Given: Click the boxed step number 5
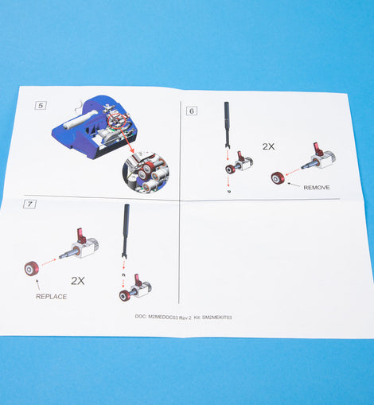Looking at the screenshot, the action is pyautogui.click(x=41, y=106).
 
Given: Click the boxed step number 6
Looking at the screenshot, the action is pyautogui.click(x=192, y=111).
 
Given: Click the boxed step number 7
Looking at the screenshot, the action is pyautogui.click(x=29, y=204).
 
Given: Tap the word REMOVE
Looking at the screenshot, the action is pyautogui.click(x=317, y=188).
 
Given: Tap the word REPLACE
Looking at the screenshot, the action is pyautogui.click(x=52, y=297).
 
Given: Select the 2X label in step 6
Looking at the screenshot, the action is pyautogui.click(x=268, y=146).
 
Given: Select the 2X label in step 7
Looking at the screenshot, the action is pyautogui.click(x=78, y=281).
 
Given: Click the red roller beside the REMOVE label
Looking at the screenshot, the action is pyautogui.click(x=278, y=178).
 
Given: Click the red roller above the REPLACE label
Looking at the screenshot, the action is pyautogui.click(x=32, y=268).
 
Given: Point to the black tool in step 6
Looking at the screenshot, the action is pyautogui.click(x=228, y=125).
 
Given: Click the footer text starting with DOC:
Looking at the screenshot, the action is pyautogui.click(x=183, y=317).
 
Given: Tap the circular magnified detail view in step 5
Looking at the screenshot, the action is pyautogui.click(x=146, y=173).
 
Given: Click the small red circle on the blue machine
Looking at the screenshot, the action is pyautogui.click(x=117, y=121).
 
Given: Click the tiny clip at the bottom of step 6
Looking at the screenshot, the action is pyautogui.click(x=229, y=191).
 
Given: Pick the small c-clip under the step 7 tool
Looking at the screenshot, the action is pyautogui.click(x=123, y=275).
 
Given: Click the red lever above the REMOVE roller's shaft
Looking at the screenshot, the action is pyautogui.click(x=318, y=150).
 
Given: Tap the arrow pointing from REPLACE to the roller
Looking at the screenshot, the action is pyautogui.click(x=38, y=284).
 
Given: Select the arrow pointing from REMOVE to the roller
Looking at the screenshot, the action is pyautogui.click(x=294, y=185).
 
